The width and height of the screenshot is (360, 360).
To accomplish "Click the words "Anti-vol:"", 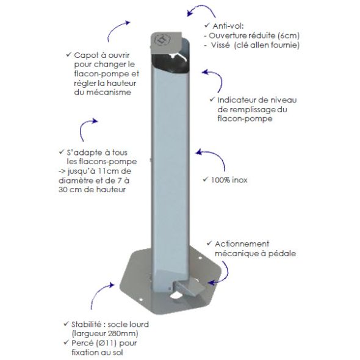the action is pos(228,26).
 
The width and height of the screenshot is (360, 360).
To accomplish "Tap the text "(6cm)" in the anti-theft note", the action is pos(289,35).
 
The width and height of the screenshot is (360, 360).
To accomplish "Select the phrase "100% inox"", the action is pos(229,180).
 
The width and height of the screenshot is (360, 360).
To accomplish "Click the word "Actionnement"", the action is pos(242,244).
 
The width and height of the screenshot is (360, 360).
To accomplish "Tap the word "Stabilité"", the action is pos(86,325).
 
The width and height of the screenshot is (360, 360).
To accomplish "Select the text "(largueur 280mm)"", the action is pos(105,333).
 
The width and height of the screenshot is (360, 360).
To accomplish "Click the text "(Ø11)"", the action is pos(106,343).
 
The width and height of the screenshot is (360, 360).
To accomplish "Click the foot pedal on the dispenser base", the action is pos(187,287).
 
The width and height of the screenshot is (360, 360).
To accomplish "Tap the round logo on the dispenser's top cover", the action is pos(162,39).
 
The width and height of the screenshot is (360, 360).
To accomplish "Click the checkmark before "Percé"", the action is pos(66,342).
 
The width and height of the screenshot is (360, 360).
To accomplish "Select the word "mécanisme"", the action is pos(103,92).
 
